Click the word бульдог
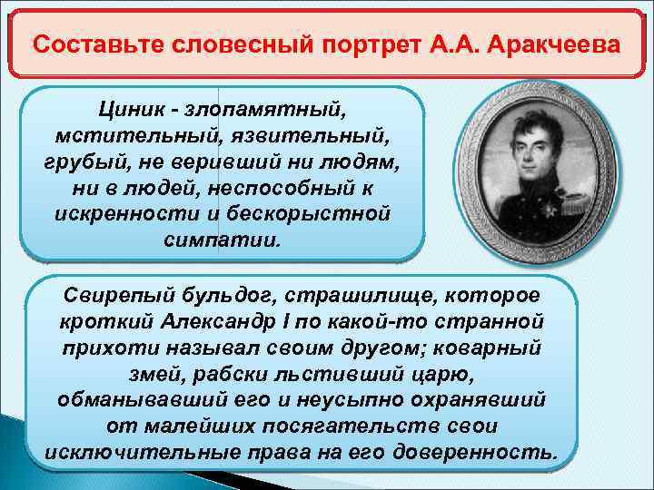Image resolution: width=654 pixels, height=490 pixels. coord(232,296)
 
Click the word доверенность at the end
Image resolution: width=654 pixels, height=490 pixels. coord(481,452)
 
